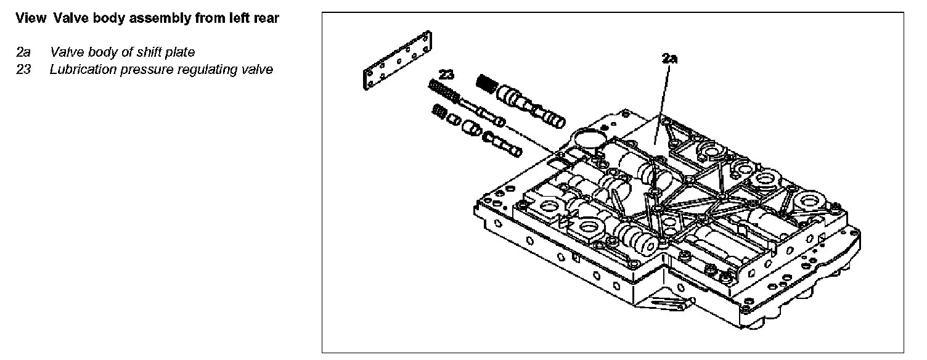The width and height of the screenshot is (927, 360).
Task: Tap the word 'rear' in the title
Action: pos(266,18)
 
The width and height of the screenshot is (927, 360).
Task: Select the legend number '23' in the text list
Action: pos(23,69)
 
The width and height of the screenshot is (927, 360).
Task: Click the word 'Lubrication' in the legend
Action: pos(81,69)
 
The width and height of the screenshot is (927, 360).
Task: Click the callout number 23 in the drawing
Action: pos(447,75)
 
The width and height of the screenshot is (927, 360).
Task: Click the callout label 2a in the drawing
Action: pos(670,59)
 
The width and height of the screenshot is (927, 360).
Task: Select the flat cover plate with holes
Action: pos(394,62)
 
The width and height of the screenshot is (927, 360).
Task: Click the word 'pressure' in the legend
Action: pos(153,69)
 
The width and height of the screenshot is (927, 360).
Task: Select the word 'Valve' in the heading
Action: pos(68,18)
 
